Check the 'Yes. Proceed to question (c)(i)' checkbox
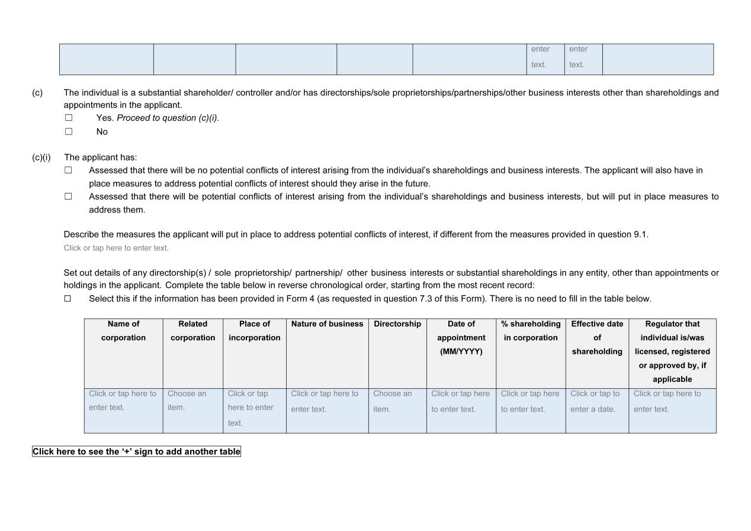69,118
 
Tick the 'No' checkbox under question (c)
69,131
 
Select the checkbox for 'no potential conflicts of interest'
68,170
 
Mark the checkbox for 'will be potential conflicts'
68,197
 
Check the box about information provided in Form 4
68,299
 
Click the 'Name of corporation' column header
123,331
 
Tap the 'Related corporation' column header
192,331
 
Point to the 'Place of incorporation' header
254,331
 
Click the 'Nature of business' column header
327,324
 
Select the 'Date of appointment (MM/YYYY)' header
461,337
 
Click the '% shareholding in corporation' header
530,331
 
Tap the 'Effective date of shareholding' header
596,337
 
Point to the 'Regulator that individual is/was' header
672,352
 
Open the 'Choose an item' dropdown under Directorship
392,401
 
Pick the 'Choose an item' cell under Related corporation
187,401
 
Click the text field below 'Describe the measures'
116,248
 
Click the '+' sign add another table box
136,452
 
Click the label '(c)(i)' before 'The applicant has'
41,157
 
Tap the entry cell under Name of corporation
123,401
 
